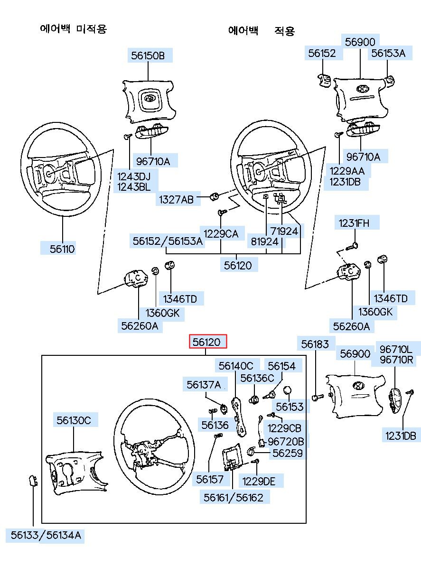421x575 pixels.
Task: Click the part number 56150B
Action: pos(148,56)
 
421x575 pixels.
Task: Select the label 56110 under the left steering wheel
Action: pos(63,249)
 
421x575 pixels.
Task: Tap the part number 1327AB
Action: pos(176,200)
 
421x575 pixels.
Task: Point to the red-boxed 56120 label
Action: pos(208,342)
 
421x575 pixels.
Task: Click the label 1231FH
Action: pos(353,223)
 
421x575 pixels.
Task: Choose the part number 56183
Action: pos(315,344)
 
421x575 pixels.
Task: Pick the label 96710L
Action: pos(396,350)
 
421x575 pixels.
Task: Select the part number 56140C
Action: pos(236,366)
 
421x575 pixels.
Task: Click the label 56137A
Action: pos(204,384)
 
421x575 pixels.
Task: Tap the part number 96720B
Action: pos(286,442)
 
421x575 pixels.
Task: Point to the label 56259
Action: pos(287,453)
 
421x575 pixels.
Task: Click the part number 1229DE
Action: pos(259,481)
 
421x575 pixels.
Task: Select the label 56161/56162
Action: pos(234,497)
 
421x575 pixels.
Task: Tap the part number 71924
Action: pos(284,231)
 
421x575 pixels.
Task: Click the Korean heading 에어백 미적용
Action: pos(74,29)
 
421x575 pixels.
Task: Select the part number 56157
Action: pos(210,480)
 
